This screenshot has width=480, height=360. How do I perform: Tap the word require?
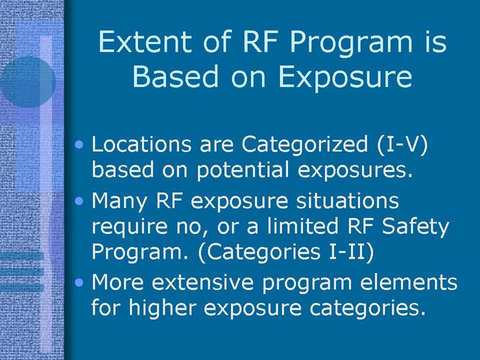pyautogui.click(x=130, y=227)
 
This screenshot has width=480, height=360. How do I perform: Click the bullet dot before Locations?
pyautogui.click(x=82, y=146)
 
